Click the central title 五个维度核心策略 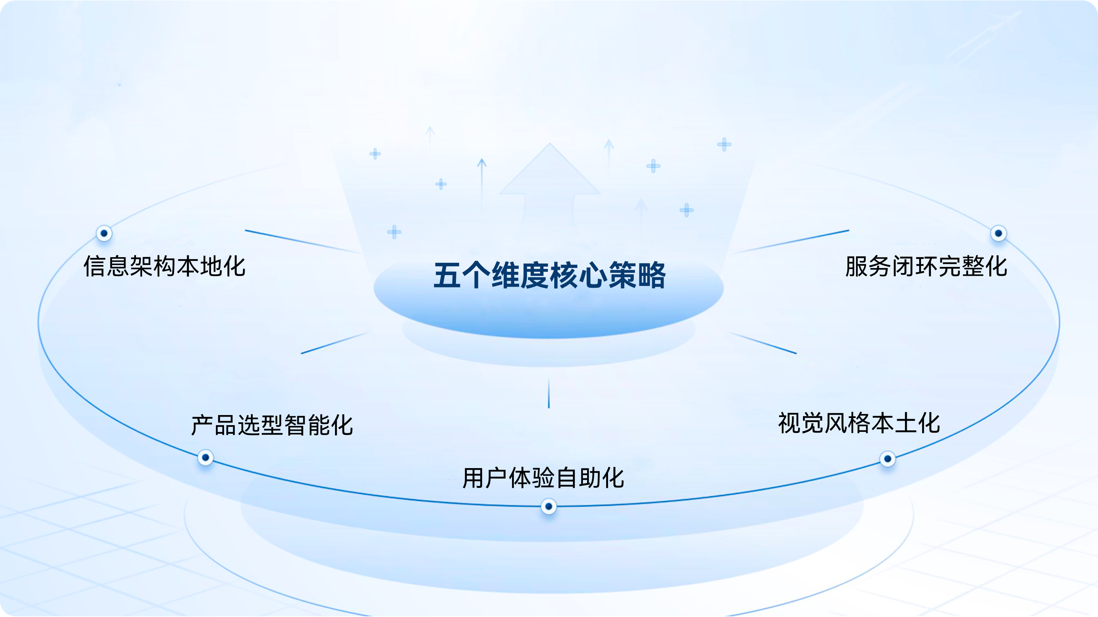tap(549, 275)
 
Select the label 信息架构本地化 tap(165, 266)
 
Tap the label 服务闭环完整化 tap(926, 266)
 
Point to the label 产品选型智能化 tap(272, 425)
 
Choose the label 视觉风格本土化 tap(859, 423)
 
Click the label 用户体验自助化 tap(543, 478)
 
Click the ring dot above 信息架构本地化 tap(104, 233)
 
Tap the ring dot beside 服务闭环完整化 tap(998, 233)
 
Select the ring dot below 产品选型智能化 tap(205, 458)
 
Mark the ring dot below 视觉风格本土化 tap(887, 459)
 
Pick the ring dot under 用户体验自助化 tap(549, 506)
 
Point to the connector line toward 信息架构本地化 tap(303, 242)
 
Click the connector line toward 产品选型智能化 tap(335, 343)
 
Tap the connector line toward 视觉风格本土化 tap(762, 343)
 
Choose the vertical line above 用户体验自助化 tap(549, 393)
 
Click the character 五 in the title tap(447, 275)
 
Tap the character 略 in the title tap(651, 275)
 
